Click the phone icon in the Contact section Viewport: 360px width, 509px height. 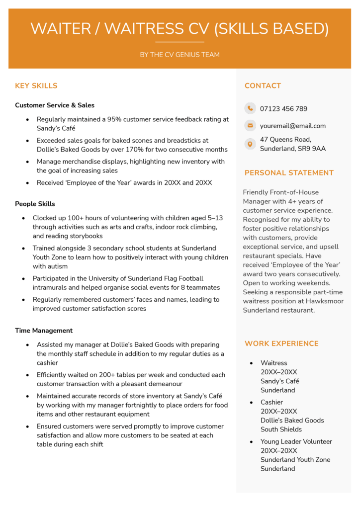point(250,108)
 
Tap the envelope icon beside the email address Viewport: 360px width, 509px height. point(250,126)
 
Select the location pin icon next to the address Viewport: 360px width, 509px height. point(250,144)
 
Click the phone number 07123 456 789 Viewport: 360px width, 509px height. point(283,109)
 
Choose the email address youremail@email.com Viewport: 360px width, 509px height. point(292,126)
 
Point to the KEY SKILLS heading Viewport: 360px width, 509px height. point(36,86)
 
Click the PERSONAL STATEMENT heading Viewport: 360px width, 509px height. point(289,173)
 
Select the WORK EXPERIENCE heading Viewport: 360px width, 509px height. point(281,343)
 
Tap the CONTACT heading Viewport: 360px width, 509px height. point(263,86)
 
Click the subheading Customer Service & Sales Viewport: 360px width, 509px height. point(55,105)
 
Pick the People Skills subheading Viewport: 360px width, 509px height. point(35,204)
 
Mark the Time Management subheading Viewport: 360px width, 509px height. point(44,331)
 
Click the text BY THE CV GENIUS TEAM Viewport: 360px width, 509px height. point(180,55)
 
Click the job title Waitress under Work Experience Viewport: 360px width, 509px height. point(273,363)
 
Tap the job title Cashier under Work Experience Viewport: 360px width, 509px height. point(271,402)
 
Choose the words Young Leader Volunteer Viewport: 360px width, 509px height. point(296,441)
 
